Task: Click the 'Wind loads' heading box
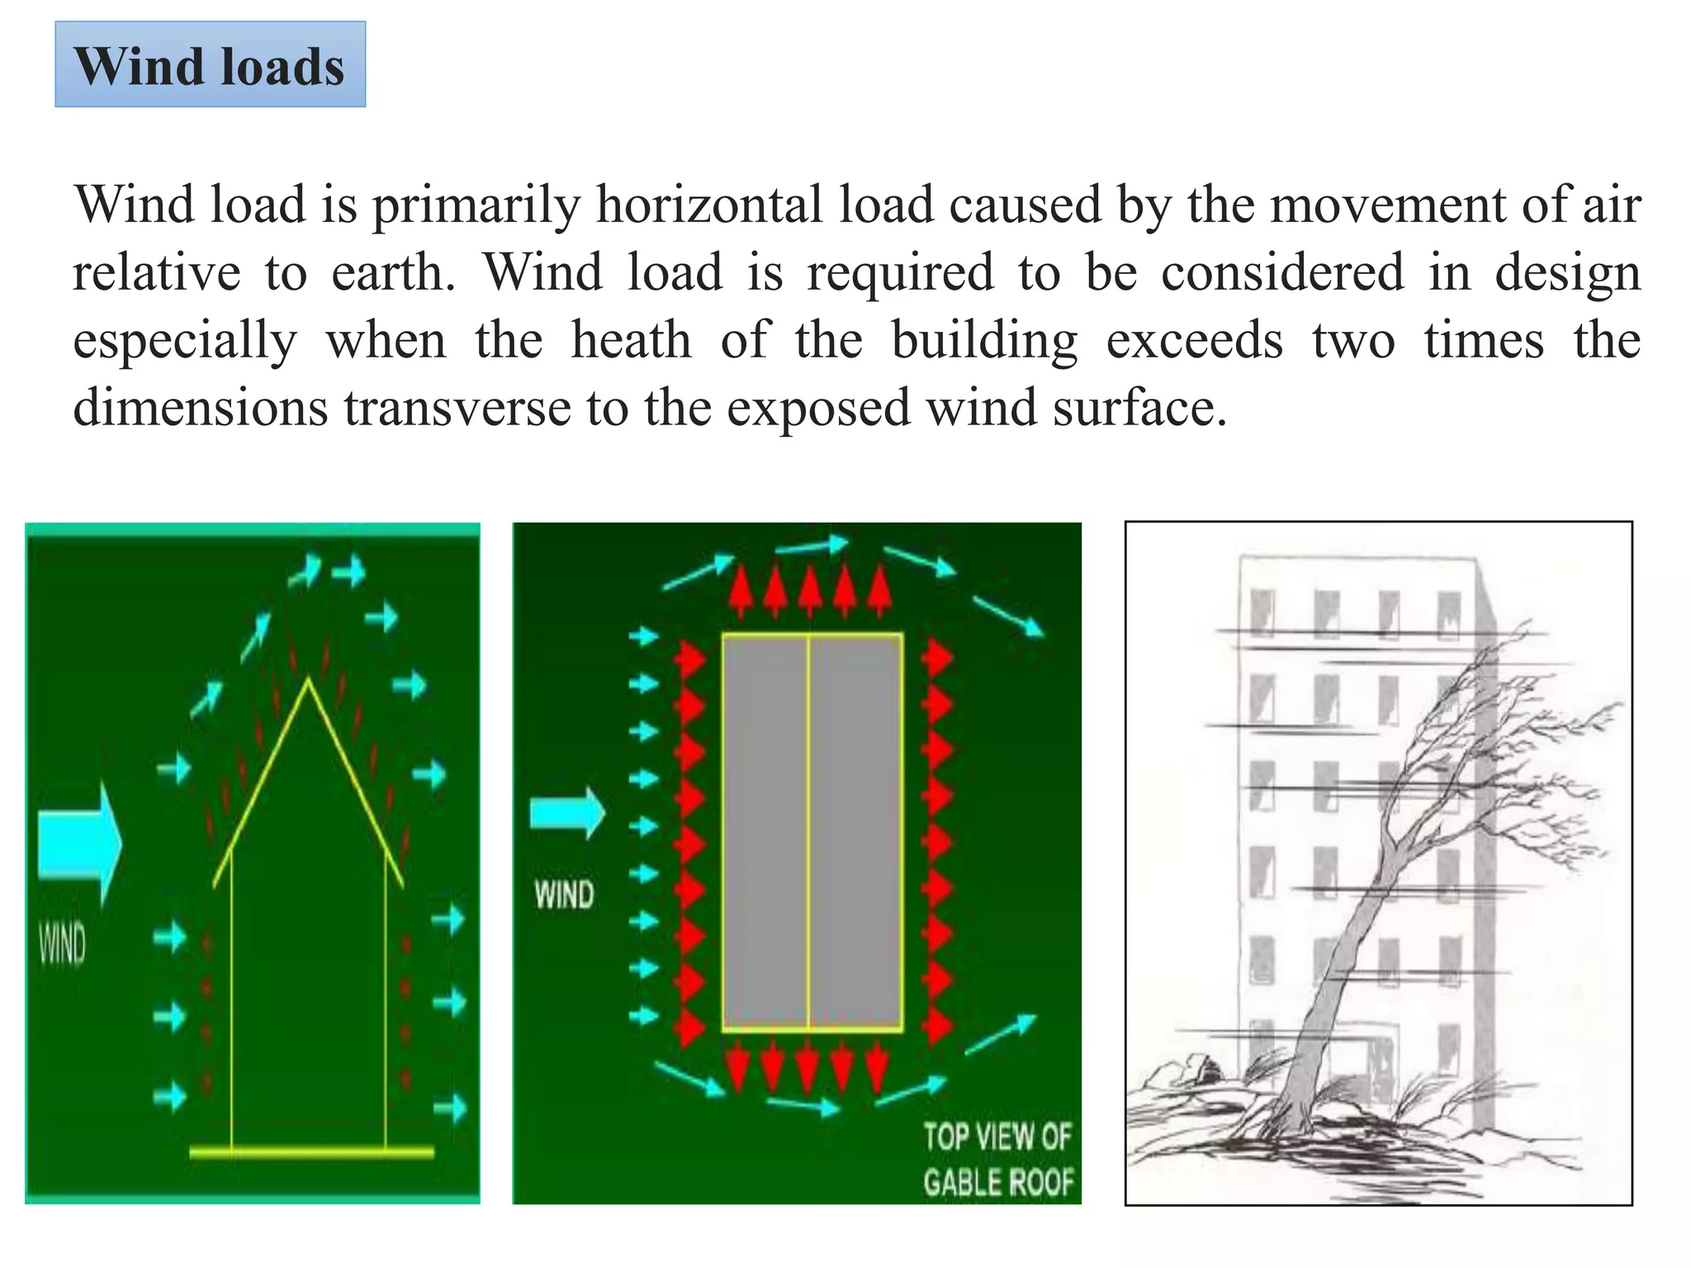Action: point(210,64)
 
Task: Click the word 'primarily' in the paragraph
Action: point(476,205)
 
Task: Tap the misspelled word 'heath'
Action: point(631,340)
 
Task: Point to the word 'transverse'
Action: point(457,408)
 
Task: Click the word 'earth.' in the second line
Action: point(393,272)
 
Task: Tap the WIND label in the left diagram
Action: point(63,944)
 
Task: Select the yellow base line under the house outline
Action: point(311,1152)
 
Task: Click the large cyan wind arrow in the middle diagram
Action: point(567,813)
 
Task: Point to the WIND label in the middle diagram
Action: point(564,895)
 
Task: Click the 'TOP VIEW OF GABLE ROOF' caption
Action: point(997,1159)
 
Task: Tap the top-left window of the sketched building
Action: point(1262,612)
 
